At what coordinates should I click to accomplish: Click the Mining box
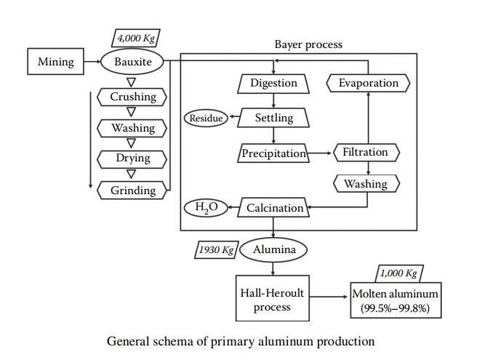tap(56, 62)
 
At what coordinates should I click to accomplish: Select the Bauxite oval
tap(133, 62)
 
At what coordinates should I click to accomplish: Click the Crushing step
tap(133, 97)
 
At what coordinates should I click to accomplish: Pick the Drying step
tap(133, 159)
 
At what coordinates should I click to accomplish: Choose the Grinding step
tap(133, 191)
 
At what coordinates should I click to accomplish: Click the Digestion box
tap(273, 83)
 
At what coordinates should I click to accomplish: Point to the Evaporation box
tap(369, 83)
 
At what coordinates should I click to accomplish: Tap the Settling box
tap(273, 117)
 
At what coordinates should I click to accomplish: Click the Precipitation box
tap(273, 153)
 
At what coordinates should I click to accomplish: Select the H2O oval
tap(206, 209)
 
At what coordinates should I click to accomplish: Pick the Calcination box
tap(274, 209)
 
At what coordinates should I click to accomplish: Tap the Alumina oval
tap(273, 249)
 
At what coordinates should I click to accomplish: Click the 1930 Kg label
tap(217, 250)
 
